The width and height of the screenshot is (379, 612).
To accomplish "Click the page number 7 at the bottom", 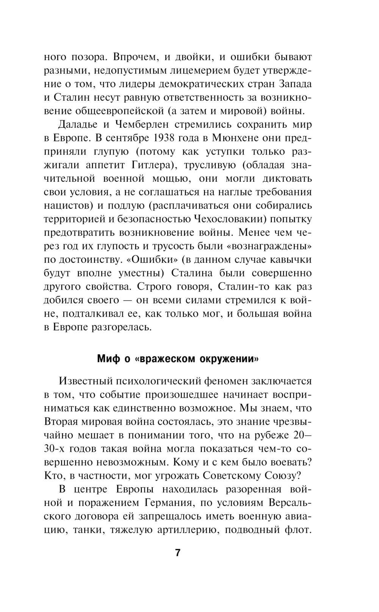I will click(x=178, y=552).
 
